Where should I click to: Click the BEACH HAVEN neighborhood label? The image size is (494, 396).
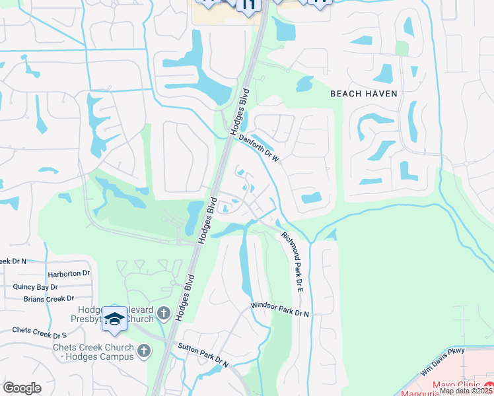[x=364, y=94]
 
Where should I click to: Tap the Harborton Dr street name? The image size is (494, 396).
[x=68, y=273]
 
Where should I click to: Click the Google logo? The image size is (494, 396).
[x=22, y=388]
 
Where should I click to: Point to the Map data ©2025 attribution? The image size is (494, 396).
[x=466, y=391]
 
